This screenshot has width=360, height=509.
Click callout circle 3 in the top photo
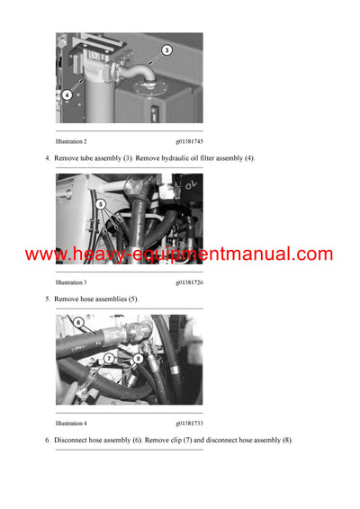coord(166,51)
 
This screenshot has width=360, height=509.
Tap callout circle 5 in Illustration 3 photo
coord(101,205)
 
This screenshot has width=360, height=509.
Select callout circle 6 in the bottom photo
coord(78,322)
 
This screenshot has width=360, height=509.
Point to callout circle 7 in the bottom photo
coord(108,357)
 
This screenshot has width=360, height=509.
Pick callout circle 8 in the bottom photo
coord(138,357)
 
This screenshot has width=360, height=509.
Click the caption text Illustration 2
coord(71,142)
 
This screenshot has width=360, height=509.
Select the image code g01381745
coord(189,142)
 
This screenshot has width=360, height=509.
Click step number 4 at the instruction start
coord(48,158)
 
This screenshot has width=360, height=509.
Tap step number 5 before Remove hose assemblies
coord(48,298)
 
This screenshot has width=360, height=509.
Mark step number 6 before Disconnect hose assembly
coord(48,440)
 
